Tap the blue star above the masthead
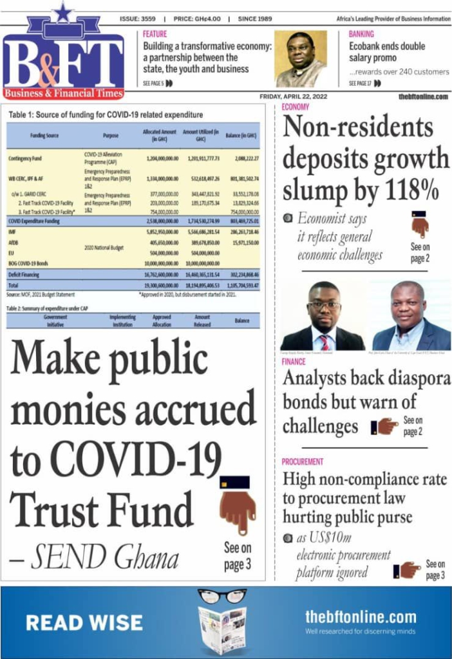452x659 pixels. (63, 12)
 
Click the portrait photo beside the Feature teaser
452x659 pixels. (301, 59)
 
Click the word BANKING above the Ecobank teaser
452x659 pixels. (361, 34)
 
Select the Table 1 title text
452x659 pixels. (106, 115)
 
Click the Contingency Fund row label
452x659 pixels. (25, 158)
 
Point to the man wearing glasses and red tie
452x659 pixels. (323, 316)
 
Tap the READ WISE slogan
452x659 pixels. (84, 622)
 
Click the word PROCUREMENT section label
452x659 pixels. (303, 461)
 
